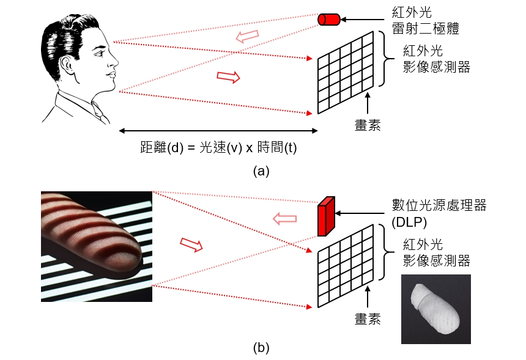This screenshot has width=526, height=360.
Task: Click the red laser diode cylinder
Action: pyautogui.click(x=329, y=20)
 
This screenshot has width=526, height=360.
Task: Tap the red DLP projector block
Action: pyautogui.click(x=326, y=216)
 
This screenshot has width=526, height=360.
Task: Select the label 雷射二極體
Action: pyautogui.click(x=425, y=29)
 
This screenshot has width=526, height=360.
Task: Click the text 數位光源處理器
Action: pyautogui.click(x=439, y=205)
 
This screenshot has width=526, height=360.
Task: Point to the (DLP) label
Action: pyautogui.click(x=409, y=222)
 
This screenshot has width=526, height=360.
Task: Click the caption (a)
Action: pyautogui.click(x=261, y=171)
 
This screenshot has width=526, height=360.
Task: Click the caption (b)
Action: pyautogui.click(x=261, y=348)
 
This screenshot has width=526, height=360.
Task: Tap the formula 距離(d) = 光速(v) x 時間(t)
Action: pyautogui.click(x=218, y=147)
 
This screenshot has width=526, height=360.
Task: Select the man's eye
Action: pyautogui.click(x=100, y=53)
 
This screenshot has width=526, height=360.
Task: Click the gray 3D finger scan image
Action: pyautogui.click(x=435, y=309)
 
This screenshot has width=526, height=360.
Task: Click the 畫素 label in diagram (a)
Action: pyautogui.click(x=368, y=125)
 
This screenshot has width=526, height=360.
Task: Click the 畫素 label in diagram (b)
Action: pyautogui.click(x=368, y=318)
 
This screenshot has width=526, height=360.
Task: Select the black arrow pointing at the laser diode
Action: pyautogui.click(x=362, y=20)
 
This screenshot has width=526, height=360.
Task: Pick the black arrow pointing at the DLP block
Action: pyautogui.click(x=360, y=213)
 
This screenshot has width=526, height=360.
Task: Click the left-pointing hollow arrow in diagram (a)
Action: pyautogui.click(x=247, y=36)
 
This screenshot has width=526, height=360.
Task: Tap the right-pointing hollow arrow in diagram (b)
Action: pyautogui.click(x=191, y=244)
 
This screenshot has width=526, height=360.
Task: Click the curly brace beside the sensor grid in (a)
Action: pyautogui.click(x=387, y=59)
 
